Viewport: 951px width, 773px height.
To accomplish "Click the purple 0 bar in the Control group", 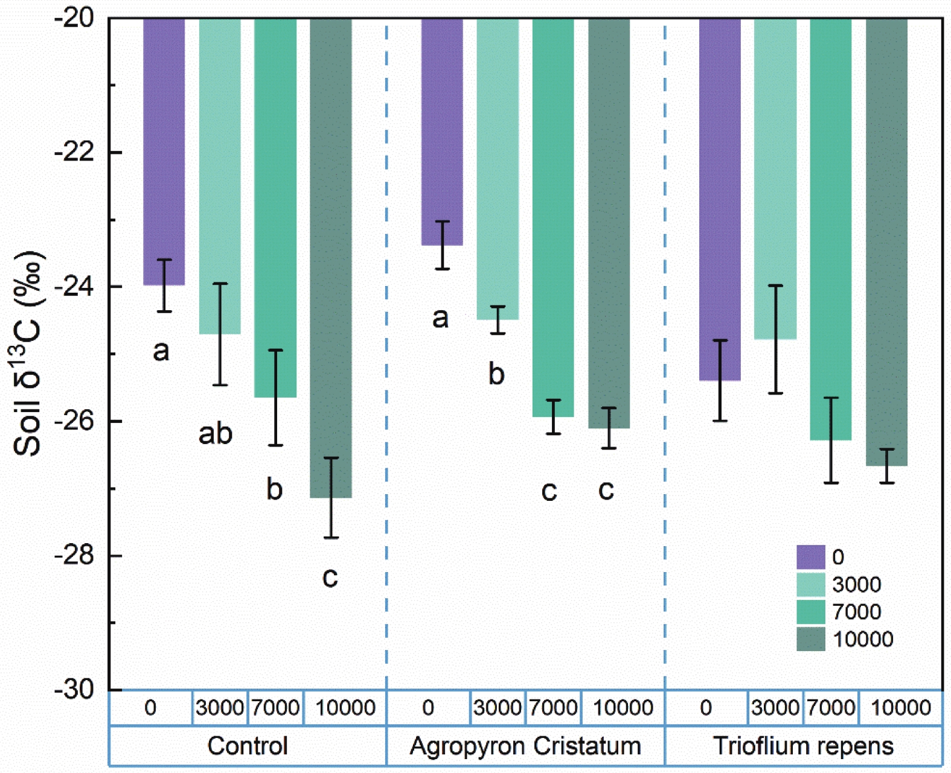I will tap(164, 151).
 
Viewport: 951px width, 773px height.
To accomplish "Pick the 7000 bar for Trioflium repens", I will tap(831, 229).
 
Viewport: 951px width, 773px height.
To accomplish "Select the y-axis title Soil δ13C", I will tap(28, 353).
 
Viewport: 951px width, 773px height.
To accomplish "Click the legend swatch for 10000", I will tap(810, 639).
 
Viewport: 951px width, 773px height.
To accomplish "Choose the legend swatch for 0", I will tap(810, 557).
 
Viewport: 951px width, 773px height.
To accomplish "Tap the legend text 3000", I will tap(856, 584).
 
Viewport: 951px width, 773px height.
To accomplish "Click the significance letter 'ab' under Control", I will tap(216, 433).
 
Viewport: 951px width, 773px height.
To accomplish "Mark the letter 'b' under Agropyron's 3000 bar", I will tap(496, 374).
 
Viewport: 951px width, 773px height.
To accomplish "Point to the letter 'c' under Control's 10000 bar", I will tap(330, 577).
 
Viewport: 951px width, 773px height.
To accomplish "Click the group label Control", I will tap(248, 746).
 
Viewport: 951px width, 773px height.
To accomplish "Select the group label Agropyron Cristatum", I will tap(525, 746).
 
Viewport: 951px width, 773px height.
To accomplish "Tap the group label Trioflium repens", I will tap(803, 746).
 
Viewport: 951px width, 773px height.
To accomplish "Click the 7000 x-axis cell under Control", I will tap(275, 707).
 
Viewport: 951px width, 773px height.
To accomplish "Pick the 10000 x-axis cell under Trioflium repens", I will tap(901, 707).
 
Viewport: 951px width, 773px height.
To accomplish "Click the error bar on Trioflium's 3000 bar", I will tap(776, 339).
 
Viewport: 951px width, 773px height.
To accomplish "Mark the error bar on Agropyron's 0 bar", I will tap(443, 245).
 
